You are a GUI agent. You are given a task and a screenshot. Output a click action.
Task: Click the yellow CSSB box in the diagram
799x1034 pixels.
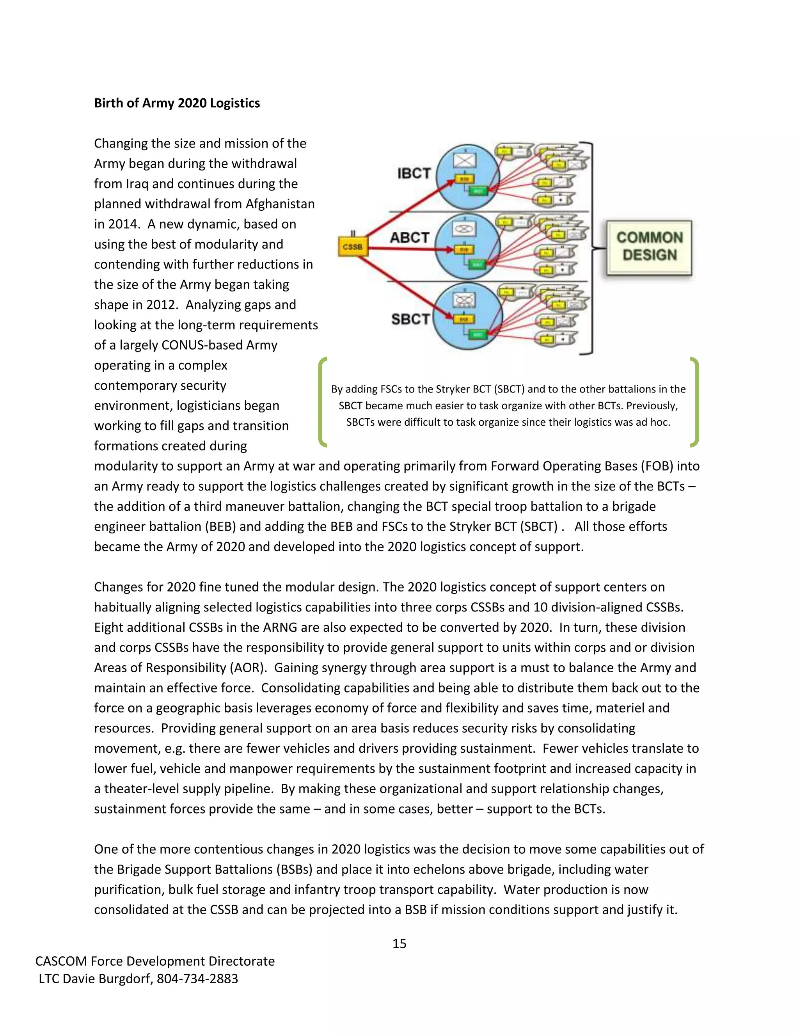click(353, 247)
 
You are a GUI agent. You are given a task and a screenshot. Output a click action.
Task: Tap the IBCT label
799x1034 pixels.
click(414, 174)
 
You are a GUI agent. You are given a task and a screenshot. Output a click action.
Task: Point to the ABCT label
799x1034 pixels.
click(409, 238)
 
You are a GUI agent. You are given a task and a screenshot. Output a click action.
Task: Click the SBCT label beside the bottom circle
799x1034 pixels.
click(410, 320)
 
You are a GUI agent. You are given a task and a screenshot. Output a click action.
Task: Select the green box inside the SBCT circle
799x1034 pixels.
click(477, 335)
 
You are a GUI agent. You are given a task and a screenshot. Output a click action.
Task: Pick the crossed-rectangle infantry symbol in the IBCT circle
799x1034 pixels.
click(464, 161)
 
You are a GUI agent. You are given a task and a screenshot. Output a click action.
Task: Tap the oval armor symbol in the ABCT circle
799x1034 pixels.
click(464, 229)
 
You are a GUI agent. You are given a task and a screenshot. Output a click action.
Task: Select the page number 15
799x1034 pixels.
click(399, 943)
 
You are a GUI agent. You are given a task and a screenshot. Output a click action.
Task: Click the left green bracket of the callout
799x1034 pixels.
click(322, 402)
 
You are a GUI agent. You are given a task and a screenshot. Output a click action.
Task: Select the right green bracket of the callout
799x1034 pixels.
click(694, 402)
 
